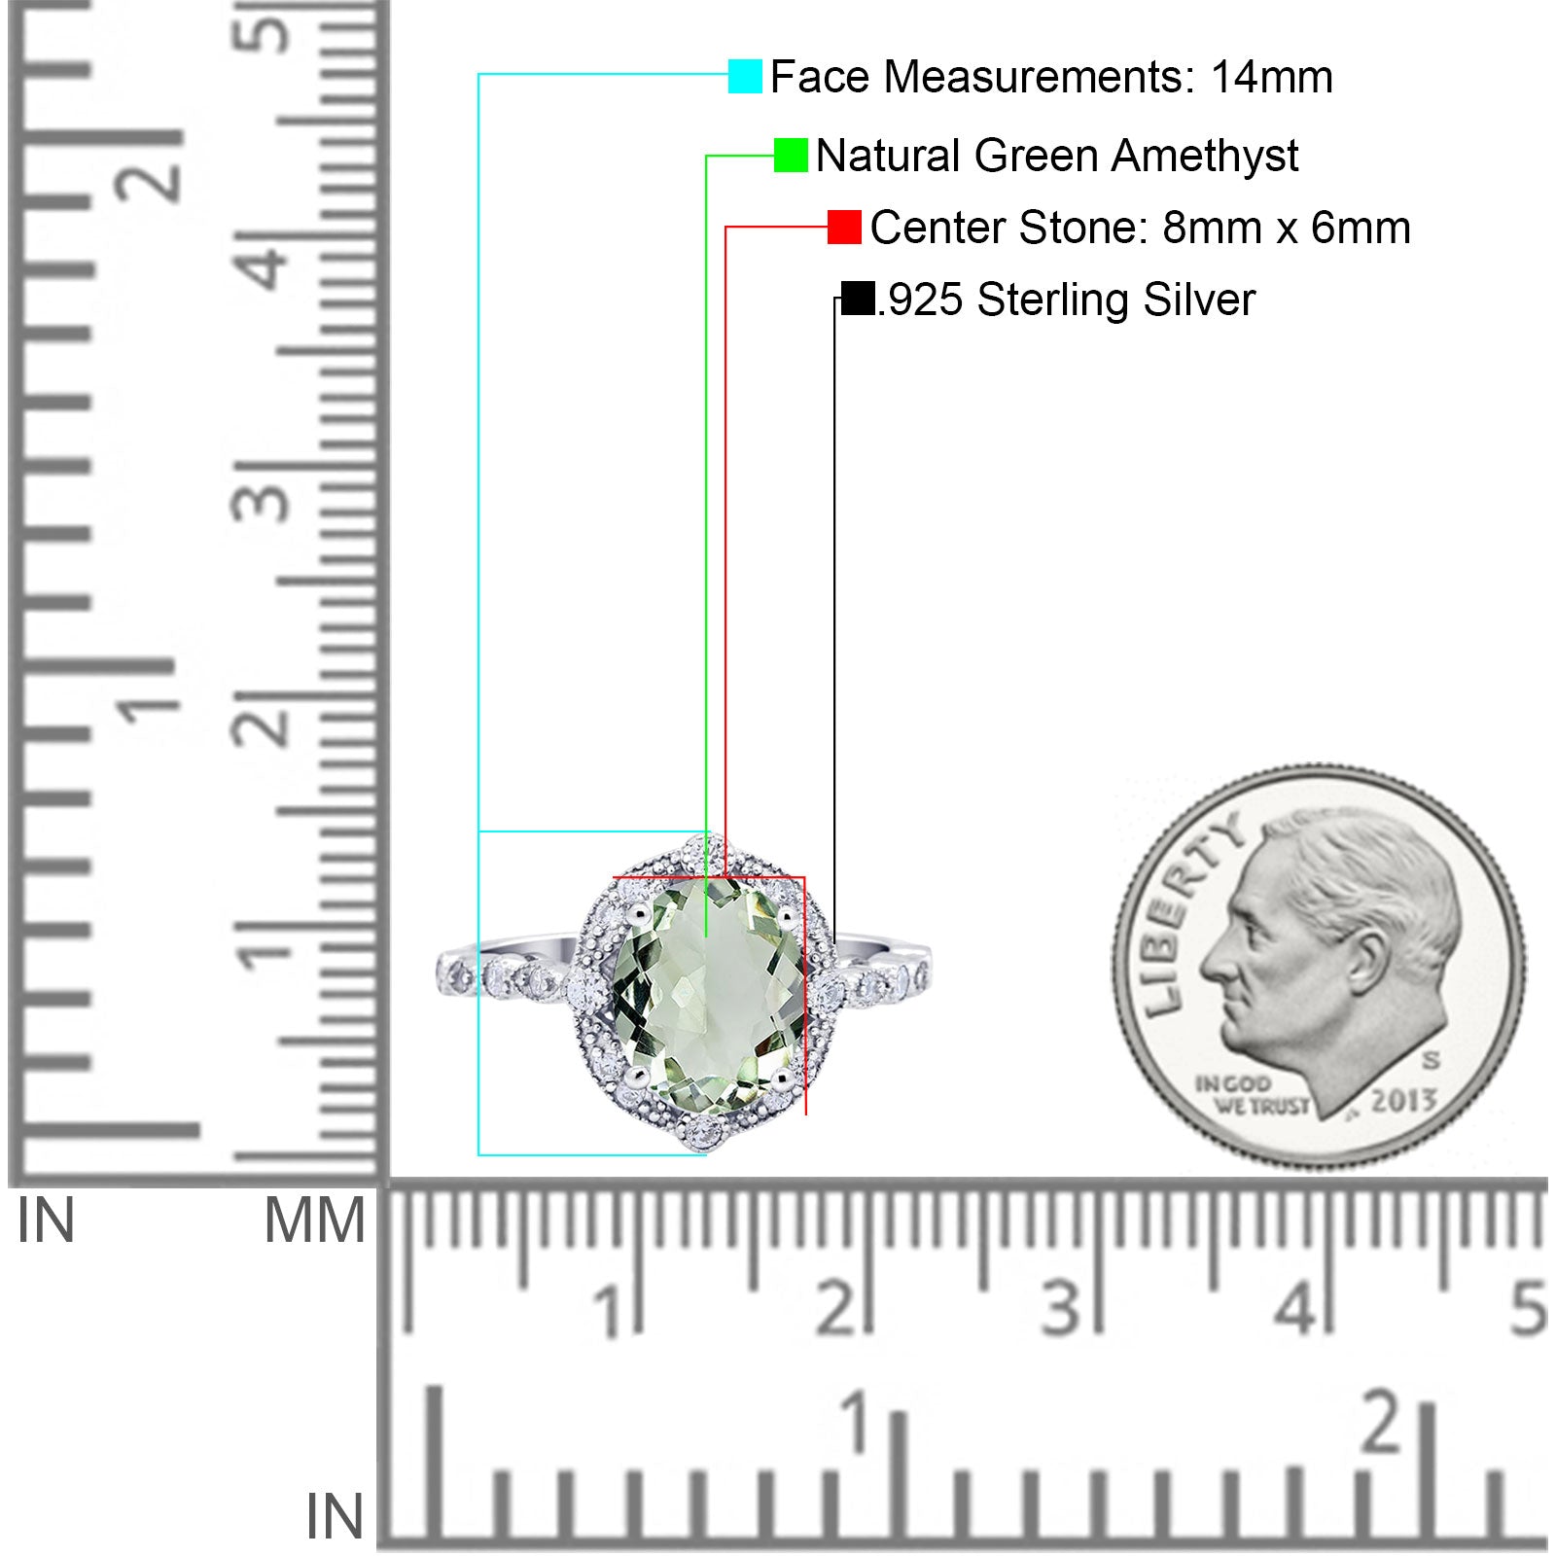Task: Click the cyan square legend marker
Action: pos(745,76)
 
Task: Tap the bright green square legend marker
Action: pos(791,155)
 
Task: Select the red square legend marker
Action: pos(844,227)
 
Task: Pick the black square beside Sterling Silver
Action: pos(858,299)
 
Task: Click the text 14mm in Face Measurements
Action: pos(1271,77)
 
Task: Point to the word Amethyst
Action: pos(1205,156)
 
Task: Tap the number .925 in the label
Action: pos(921,300)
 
